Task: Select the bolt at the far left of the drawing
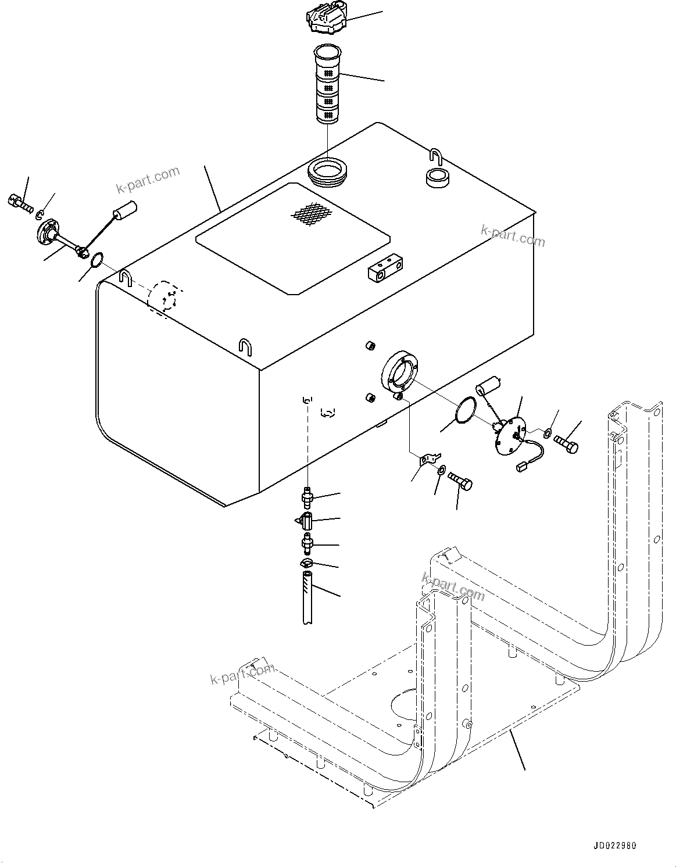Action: [19, 203]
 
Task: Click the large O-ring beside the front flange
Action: [464, 409]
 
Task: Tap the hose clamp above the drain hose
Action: [306, 564]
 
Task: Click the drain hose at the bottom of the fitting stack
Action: [308, 599]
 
